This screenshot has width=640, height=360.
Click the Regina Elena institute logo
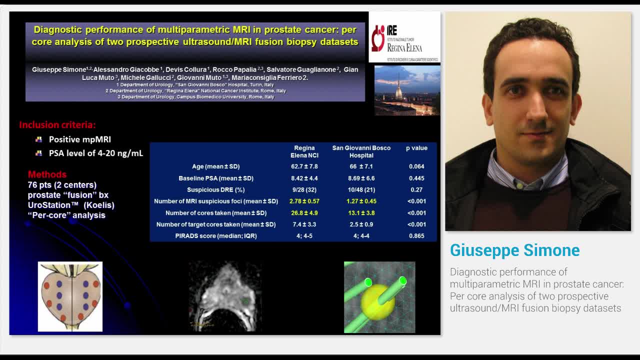pos(404,37)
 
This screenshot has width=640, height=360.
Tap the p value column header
pos(416,148)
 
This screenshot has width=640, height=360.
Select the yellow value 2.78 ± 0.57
pos(304,201)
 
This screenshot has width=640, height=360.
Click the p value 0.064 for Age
pos(416,166)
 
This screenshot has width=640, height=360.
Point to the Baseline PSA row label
pos(215,178)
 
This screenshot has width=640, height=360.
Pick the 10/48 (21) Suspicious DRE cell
pos(361,189)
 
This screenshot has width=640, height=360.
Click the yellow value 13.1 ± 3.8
pos(361,212)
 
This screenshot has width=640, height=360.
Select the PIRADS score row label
pos(215,235)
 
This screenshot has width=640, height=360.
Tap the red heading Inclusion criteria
pos(57,125)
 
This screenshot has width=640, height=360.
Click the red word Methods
pos(47,174)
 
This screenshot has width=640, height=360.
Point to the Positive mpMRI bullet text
pos(79,139)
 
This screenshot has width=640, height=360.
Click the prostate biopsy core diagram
pos(70,296)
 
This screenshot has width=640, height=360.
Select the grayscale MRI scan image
pos(225,296)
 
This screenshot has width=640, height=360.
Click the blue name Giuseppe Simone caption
pos(514,250)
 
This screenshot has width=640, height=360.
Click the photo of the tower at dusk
pos(407,90)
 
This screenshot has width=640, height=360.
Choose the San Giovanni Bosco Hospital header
pos(361,151)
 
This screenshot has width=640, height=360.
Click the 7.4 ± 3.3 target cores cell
pos(304,224)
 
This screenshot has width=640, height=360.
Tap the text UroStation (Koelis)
pos(71,205)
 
